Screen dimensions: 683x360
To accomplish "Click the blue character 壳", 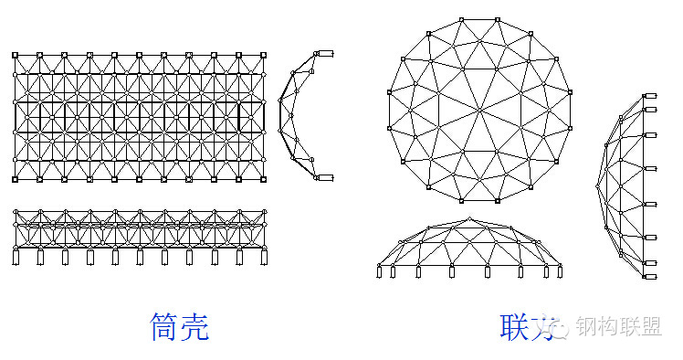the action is pyautogui.click(x=194, y=327).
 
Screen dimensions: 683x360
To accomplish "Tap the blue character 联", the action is pyautogui.click(x=515, y=327).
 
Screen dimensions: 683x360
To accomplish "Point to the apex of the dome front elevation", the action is pyautogui.click(x=470, y=218).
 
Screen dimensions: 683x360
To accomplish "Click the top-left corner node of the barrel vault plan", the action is pyautogui.click(x=16, y=56).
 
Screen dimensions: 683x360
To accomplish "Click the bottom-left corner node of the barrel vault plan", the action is pyautogui.click(x=16, y=180).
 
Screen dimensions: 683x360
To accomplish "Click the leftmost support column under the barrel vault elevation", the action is pyautogui.click(x=16, y=257).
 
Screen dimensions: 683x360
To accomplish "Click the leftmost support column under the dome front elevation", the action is pyautogui.click(x=380, y=271).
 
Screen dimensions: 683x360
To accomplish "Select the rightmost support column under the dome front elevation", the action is pyautogui.click(x=560, y=271).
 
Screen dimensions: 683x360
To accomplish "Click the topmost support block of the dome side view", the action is pyautogui.click(x=650, y=96).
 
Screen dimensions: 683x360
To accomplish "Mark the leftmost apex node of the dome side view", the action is pyautogui.click(x=599, y=185).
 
